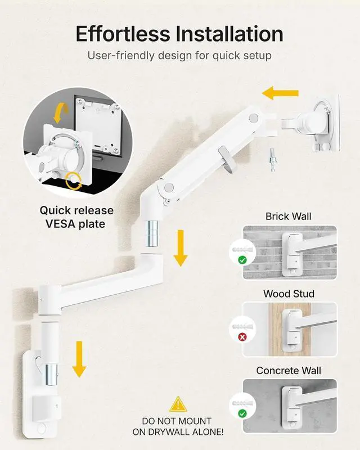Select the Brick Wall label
point(289,216)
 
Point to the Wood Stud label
point(289,294)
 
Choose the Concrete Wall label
point(289,371)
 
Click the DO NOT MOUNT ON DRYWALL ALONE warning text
point(177,426)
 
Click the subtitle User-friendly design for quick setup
point(179,56)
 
